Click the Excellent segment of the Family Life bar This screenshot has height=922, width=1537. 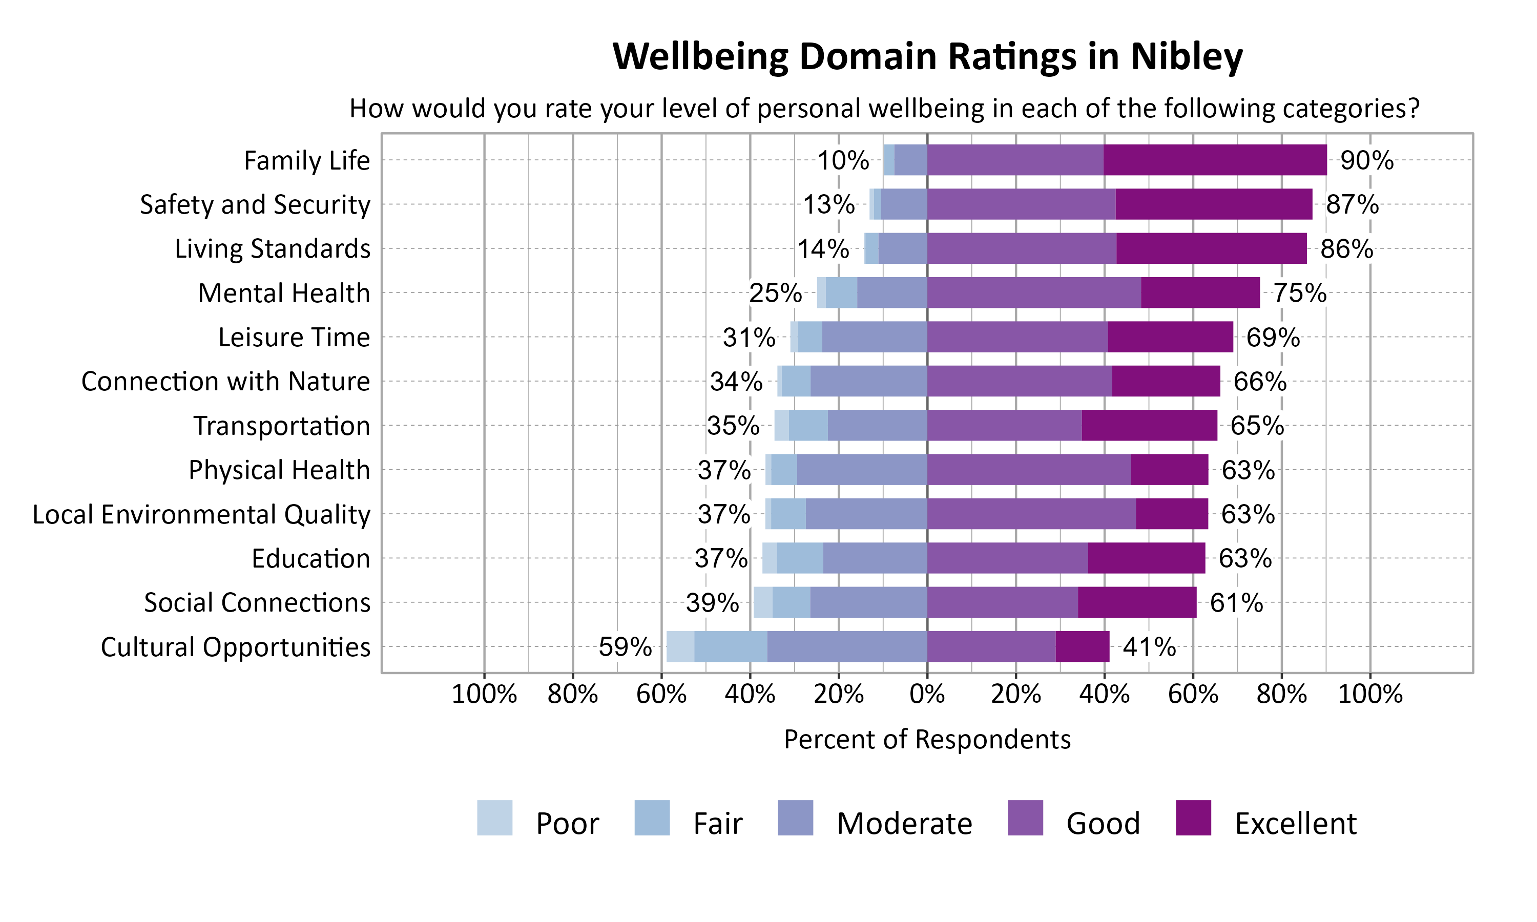(1215, 160)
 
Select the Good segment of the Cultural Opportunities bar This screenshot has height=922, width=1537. (991, 647)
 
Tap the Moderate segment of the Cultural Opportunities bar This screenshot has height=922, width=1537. (847, 647)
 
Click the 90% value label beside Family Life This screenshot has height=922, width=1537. (1366, 161)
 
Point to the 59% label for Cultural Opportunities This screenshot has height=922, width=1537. (625, 647)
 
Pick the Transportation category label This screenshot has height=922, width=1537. (281, 426)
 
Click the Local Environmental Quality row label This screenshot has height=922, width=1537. (201, 514)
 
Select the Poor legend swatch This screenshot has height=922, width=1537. (494, 818)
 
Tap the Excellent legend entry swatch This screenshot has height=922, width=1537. (1193, 818)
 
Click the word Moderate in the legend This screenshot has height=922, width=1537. (904, 824)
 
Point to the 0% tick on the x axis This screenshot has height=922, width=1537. (927, 694)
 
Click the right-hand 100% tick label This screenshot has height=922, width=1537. (1370, 694)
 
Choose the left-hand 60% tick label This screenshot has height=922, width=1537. (661, 694)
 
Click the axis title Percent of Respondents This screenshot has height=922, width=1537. (927, 739)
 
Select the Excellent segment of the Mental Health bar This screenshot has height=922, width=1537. (1200, 292)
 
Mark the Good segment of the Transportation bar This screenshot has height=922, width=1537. (1004, 426)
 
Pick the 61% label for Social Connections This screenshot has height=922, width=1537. (1236, 603)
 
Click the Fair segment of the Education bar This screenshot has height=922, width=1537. (800, 558)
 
